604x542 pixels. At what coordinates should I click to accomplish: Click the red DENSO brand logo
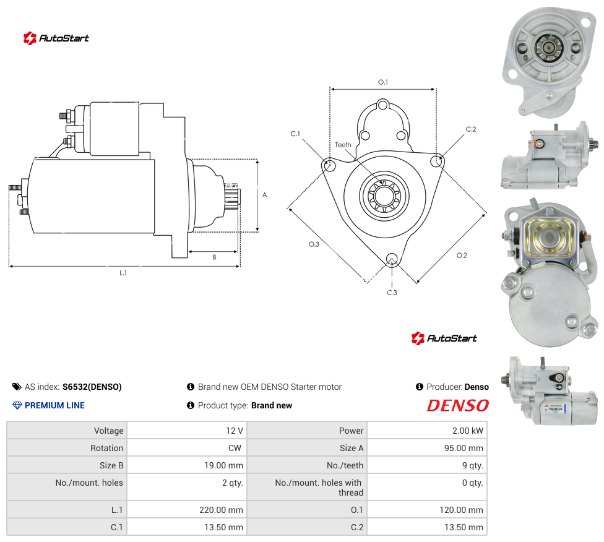(x=457, y=405)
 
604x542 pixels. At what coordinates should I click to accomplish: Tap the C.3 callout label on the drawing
(x=392, y=293)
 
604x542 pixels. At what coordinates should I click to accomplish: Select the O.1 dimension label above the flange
(x=383, y=82)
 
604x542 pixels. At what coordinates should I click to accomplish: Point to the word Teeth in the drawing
(x=343, y=145)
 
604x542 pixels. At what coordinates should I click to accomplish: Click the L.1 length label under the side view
(x=123, y=273)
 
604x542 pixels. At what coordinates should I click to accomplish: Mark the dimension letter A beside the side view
(x=265, y=195)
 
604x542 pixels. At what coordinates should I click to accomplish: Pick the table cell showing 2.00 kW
(x=468, y=431)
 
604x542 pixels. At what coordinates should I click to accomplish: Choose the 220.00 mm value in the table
(x=221, y=510)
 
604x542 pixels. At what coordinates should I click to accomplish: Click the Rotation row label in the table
(x=106, y=448)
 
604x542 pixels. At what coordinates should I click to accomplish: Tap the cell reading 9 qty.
(x=473, y=465)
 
